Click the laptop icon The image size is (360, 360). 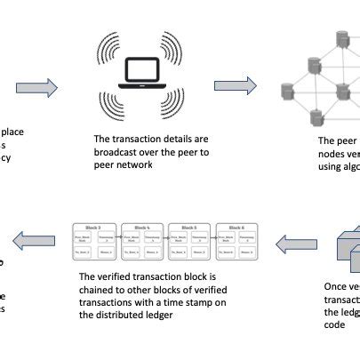tap(142, 78)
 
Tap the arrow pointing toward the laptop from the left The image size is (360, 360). tap(36, 87)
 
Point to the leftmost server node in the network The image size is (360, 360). tap(287, 91)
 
